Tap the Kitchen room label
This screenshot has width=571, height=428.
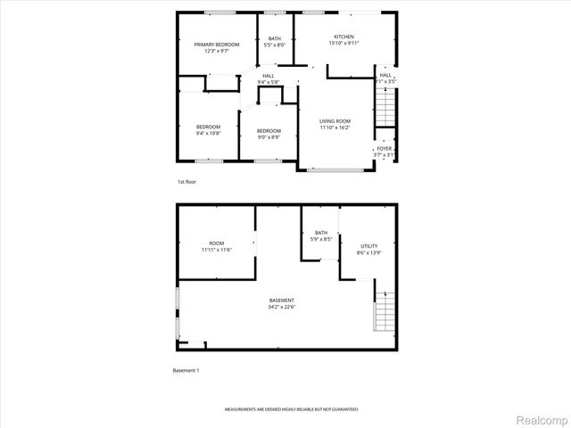[343, 37]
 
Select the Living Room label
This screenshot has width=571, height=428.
[335, 121]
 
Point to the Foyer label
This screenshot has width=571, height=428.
[384, 148]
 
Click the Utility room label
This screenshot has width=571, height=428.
[368, 245]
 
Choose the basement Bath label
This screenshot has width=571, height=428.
[320, 233]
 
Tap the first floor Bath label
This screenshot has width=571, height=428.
[274, 37]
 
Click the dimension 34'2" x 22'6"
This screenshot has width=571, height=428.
[282, 308]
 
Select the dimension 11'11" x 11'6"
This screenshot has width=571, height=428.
[217, 250]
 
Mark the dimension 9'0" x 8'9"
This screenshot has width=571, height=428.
[269, 136]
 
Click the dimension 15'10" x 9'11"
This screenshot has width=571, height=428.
[343, 43]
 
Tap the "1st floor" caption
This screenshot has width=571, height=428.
[186, 182]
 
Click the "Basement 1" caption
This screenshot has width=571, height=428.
[186, 369]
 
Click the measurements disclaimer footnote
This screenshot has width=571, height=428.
[291, 408]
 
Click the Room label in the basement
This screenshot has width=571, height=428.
[217, 243]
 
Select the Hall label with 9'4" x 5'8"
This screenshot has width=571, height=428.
[269, 76]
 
